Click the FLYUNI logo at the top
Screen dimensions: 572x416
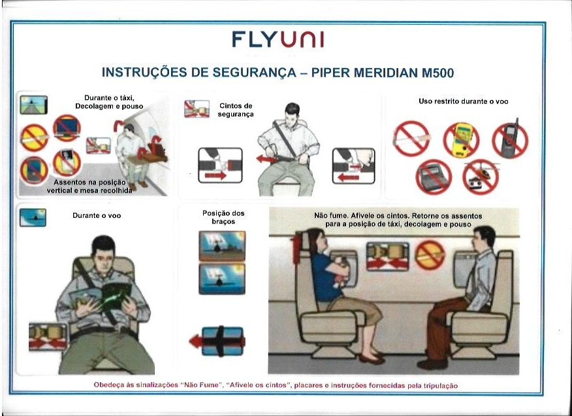278,39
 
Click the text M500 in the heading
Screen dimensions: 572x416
437,73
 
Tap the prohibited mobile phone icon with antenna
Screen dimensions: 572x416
511,139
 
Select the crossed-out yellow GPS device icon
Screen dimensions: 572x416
461,139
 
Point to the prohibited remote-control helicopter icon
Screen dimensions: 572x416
481,177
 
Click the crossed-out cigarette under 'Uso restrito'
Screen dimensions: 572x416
411,139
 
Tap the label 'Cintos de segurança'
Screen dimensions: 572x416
236,110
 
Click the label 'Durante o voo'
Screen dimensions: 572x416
96,215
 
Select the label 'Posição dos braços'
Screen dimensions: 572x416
223,217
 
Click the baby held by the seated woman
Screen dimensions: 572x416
340,271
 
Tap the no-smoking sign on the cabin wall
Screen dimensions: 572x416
430,255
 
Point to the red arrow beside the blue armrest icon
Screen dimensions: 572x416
196,341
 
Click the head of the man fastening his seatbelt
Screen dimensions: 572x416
292,113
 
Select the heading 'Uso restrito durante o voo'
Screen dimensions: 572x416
464,101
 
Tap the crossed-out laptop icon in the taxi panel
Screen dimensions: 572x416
67,128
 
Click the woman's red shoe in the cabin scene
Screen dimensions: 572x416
372,359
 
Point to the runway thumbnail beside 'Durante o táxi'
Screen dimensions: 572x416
33,105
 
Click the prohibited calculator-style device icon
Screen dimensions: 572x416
434,177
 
